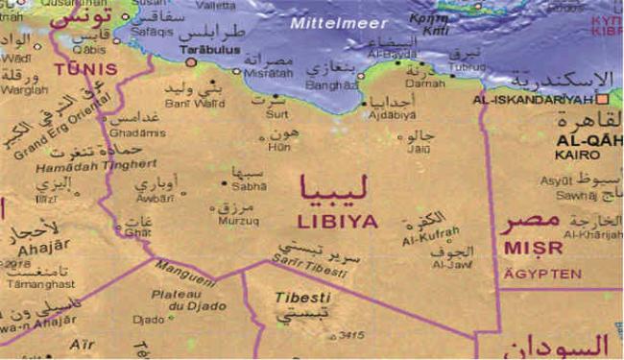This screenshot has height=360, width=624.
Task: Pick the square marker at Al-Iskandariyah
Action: tap(603, 98)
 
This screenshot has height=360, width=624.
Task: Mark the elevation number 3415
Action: tap(352, 336)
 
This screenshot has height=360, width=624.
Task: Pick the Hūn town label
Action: tap(278, 148)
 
